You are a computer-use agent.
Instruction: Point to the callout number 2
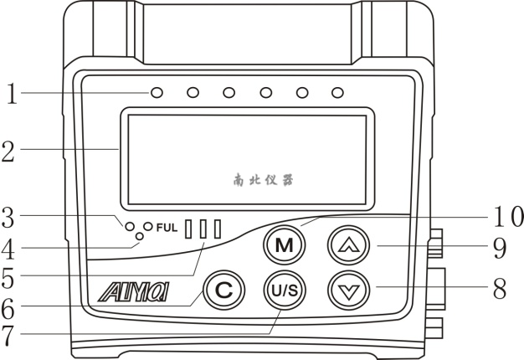tap(10, 152)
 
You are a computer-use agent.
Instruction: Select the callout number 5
tap(11, 276)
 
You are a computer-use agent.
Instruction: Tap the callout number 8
tap(500, 289)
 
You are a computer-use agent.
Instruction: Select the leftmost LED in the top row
tap(157, 90)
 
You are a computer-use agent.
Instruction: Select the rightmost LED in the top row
tap(337, 90)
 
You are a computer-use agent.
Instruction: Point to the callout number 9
tap(500, 246)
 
